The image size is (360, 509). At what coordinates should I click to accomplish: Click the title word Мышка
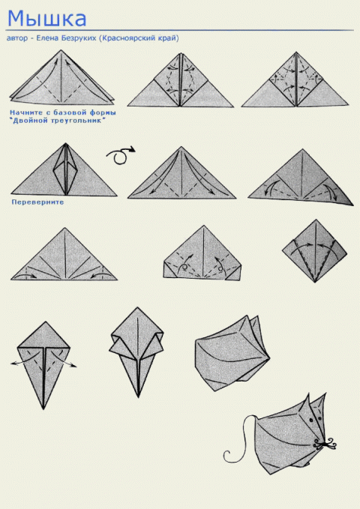(46, 19)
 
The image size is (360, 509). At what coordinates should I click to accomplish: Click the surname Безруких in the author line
(79, 38)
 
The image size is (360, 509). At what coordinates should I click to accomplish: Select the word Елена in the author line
(47, 38)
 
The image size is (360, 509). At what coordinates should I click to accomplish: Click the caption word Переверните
(37, 202)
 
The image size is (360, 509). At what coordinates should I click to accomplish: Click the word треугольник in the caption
(79, 121)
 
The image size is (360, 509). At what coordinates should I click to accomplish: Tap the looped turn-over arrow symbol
(120, 155)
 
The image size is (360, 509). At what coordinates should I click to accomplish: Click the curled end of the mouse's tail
(226, 456)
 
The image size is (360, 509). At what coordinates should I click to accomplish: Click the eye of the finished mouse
(311, 420)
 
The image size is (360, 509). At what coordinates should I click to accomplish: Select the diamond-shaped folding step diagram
(314, 251)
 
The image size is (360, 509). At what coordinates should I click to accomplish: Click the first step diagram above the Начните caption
(61, 77)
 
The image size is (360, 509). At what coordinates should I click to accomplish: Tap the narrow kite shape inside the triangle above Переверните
(66, 169)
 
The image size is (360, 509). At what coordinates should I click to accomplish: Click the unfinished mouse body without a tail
(232, 353)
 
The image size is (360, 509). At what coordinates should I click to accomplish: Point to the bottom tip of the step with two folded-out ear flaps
(138, 397)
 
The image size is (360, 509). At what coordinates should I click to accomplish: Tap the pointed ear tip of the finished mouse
(325, 394)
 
